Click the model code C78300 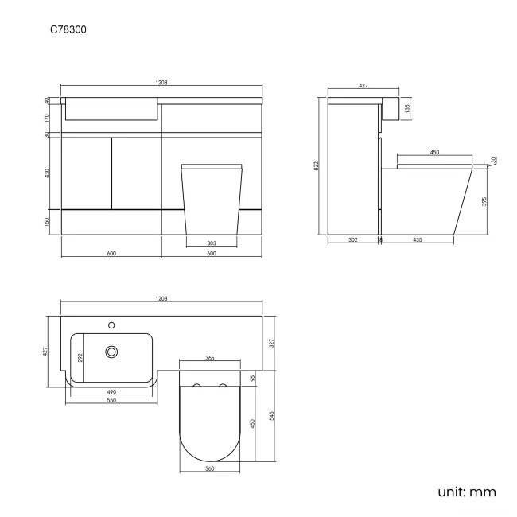click(68, 29)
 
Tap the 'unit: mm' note click(466, 492)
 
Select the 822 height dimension click(317, 166)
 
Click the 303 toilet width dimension click(211, 243)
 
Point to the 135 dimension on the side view click(407, 108)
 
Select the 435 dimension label click(418, 239)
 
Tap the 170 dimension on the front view click(47, 117)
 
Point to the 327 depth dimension click(272, 343)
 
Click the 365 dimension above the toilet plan click(210, 359)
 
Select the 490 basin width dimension click(112, 392)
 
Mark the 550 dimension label click(112, 401)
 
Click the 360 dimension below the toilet click(210, 469)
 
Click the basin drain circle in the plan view click(112, 351)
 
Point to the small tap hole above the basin click(112, 325)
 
